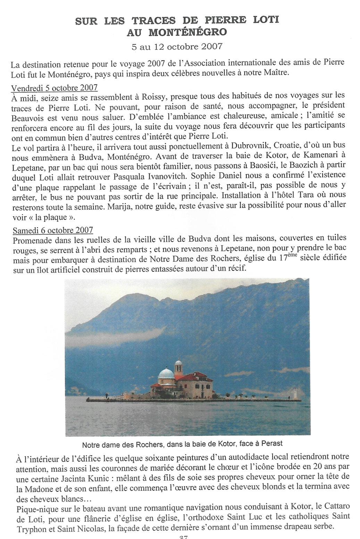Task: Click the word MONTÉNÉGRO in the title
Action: pos(187,33)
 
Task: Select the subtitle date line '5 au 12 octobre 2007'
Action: pos(177,46)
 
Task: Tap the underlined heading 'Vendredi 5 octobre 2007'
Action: pos(54,87)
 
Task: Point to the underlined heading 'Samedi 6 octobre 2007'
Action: pos(53,230)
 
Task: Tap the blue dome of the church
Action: pos(166,374)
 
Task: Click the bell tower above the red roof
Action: pos(178,365)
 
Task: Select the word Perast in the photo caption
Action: pos(272,444)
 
